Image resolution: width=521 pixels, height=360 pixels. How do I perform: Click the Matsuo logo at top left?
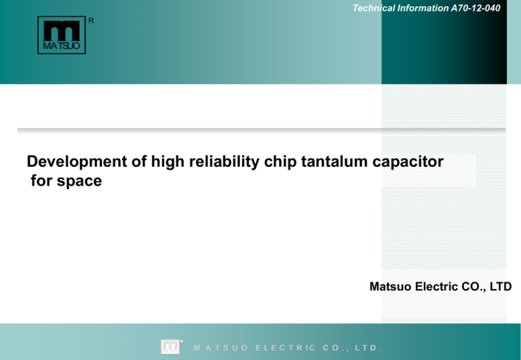(x=61, y=35)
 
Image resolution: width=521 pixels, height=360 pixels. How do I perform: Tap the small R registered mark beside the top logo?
(x=92, y=20)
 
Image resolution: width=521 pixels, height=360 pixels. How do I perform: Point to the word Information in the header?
(x=415, y=7)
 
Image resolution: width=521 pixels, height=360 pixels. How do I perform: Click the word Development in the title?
(x=73, y=162)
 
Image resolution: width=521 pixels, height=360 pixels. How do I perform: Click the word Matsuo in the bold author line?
(x=389, y=287)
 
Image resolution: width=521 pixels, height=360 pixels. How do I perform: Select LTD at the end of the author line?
(x=499, y=287)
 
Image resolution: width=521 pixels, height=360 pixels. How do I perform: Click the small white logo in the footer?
(x=170, y=346)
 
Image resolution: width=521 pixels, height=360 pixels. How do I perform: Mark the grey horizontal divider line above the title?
(x=261, y=129)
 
